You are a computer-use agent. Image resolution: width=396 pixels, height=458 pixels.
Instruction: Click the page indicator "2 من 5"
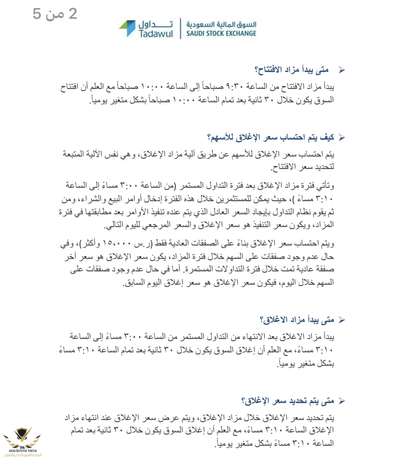[x=55, y=14]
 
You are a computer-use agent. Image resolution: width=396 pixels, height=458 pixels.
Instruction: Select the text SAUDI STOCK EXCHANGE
[x=221, y=33]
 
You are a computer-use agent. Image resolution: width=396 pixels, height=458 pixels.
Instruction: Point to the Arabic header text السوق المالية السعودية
[x=221, y=24]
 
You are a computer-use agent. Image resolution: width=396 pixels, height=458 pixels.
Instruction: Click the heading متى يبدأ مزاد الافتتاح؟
[x=291, y=70]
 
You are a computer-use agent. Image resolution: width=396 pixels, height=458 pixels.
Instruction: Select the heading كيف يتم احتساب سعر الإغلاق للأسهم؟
[x=271, y=137]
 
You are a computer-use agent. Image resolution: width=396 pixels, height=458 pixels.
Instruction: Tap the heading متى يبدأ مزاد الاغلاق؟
[x=297, y=320]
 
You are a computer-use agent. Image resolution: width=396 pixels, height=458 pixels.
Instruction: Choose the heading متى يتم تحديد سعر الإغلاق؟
[x=288, y=401]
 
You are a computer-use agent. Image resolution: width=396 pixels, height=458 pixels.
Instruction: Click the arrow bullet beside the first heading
[x=341, y=70]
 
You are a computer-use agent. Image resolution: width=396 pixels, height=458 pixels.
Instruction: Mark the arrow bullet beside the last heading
[x=341, y=401]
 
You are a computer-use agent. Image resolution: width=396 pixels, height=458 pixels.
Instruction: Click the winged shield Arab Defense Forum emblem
[x=22, y=437]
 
